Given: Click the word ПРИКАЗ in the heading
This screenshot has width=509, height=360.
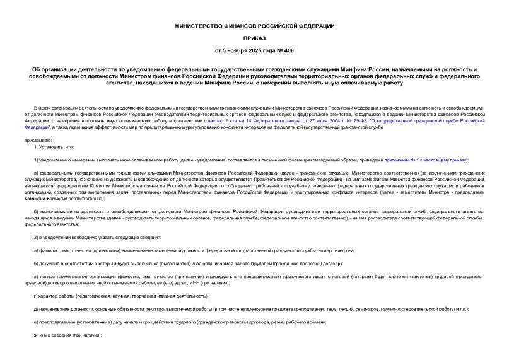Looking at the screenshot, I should pos(254,38).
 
